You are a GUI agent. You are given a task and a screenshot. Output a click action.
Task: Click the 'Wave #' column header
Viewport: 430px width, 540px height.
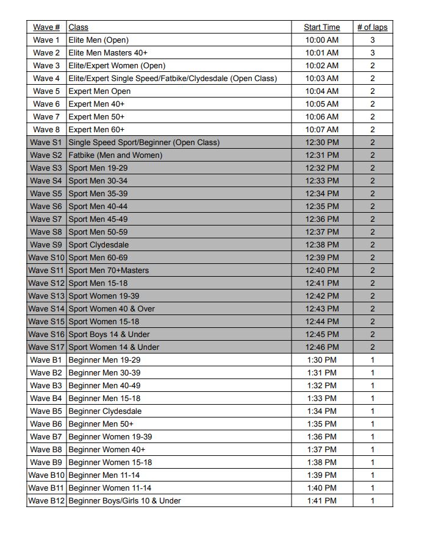point(46,27)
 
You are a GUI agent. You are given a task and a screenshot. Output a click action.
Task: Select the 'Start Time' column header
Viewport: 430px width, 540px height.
point(321,27)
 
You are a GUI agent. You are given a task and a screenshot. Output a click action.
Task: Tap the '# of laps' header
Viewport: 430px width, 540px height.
point(372,27)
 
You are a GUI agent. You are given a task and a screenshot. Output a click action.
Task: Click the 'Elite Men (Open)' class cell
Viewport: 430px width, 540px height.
point(98,40)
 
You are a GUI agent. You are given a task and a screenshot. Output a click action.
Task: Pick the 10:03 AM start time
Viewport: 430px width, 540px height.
point(321,79)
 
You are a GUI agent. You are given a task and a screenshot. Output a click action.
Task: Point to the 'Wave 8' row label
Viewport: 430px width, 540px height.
point(46,130)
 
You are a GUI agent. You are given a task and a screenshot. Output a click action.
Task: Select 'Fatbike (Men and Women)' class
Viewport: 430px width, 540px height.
point(115,155)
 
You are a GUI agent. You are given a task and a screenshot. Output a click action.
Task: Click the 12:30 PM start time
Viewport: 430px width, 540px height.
point(321,143)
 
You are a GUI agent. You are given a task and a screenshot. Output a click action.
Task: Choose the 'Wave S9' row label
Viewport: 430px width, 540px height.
point(46,245)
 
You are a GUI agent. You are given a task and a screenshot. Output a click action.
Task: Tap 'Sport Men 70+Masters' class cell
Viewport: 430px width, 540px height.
point(109,271)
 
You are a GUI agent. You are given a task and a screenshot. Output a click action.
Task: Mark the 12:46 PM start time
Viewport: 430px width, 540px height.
point(321,347)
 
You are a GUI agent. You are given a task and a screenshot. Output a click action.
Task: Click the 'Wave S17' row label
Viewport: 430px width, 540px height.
point(46,347)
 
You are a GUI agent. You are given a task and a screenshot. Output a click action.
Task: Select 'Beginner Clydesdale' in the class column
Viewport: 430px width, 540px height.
point(105,411)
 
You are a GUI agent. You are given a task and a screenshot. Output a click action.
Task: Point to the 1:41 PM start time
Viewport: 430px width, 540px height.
point(321,501)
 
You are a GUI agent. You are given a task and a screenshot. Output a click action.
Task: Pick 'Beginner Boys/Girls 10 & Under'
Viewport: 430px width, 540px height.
point(124,501)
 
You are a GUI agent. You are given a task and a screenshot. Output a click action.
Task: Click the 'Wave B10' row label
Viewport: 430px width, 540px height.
point(46,475)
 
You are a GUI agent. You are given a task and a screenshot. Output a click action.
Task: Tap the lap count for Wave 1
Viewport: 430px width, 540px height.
point(372,40)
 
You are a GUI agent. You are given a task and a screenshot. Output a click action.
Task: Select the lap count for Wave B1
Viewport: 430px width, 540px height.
point(372,360)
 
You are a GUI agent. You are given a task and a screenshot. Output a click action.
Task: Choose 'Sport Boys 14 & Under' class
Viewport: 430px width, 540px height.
point(109,335)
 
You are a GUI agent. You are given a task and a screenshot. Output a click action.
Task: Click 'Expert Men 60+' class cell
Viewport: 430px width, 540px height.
point(96,130)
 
